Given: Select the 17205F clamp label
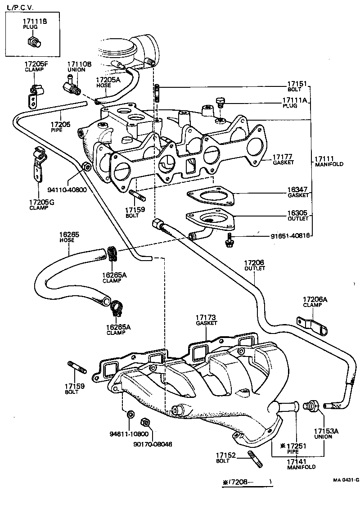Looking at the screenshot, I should click(x=36, y=67).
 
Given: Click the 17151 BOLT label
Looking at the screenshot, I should click(x=297, y=86).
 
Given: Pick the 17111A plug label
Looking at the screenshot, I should click(x=294, y=103).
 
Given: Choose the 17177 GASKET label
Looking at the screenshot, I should click(x=283, y=159).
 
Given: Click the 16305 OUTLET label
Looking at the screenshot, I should click(x=298, y=215).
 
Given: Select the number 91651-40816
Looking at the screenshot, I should click(x=290, y=235).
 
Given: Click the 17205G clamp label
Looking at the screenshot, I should click(x=41, y=205).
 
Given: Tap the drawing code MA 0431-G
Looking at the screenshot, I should click(x=346, y=480).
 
